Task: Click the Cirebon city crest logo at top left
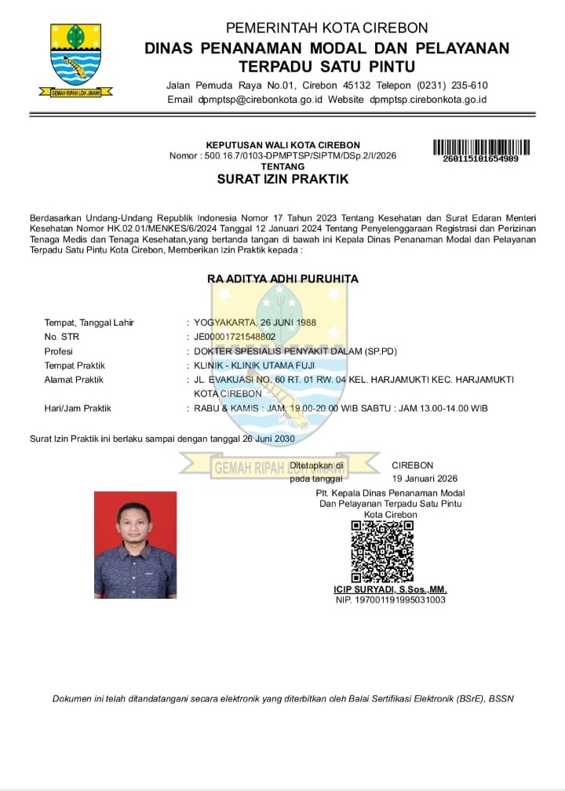pyautogui.click(x=76, y=58)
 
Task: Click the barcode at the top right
pyautogui.click(x=481, y=146)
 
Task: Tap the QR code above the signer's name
pyautogui.click(x=382, y=551)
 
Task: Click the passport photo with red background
pyautogui.click(x=135, y=545)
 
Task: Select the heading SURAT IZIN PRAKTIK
pyautogui.click(x=282, y=179)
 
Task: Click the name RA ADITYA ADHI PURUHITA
pyautogui.click(x=282, y=279)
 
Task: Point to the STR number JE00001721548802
pyautogui.click(x=235, y=337)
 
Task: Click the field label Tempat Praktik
pyautogui.click(x=75, y=366)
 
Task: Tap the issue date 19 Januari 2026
pyautogui.click(x=425, y=478)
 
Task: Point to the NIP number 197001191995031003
pyautogui.click(x=390, y=600)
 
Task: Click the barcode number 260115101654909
pyautogui.click(x=480, y=159)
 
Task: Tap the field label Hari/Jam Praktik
pyautogui.click(x=78, y=408)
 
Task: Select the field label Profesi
pyautogui.click(x=59, y=352)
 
